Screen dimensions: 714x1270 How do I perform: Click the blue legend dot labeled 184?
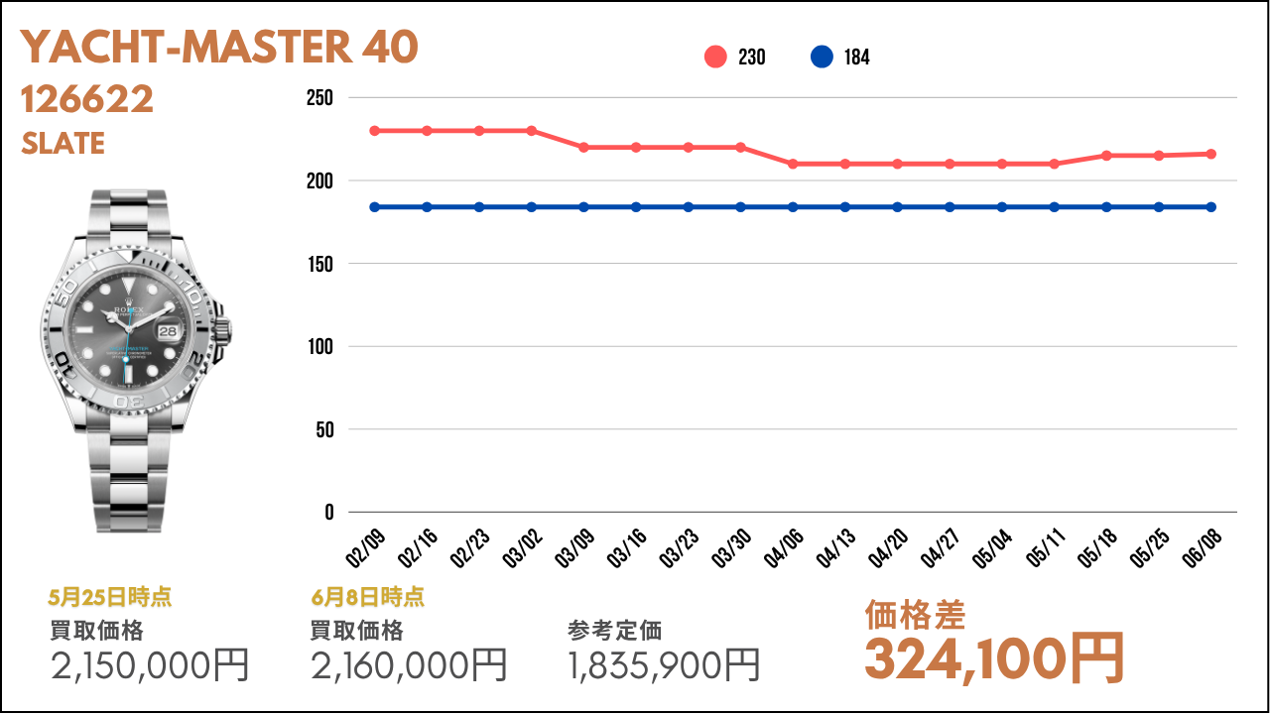pyautogui.click(x=822, y=58)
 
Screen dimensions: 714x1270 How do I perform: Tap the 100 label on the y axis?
pyautogui.click(x=319, y=347)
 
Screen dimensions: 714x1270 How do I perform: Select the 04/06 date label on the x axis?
pyautogui.click(x=784, y=546)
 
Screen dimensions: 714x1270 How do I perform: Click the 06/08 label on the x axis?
pyautogui.click(x=1203, y=546)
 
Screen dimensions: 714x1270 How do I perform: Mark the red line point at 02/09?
pyautogui.click(x=374, y=131)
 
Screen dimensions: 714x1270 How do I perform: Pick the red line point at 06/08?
pyautogui.click(x=1211, y=154)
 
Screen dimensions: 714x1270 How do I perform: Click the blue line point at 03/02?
pyautogui.click(x=532, y=207)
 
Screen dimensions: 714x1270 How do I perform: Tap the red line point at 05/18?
pyautogui.click(x=1106, y=156)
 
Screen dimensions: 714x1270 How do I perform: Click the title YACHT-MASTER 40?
pyautogui.click(x=219, y=48)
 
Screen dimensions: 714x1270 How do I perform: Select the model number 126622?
pyautogui.click(x=87, y=99)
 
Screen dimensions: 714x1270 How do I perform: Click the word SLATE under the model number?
pyautogui.click(x=63, y=144)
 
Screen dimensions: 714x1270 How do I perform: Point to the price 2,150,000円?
pyautogui.click(x=149, y=665)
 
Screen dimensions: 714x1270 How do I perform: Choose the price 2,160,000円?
pyautogui.click(x=409, y=665)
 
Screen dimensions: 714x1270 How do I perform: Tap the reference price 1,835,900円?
pyautogui.click(x=664, y=665)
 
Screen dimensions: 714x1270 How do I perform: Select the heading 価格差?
pyautogui.click(x=915, y=616)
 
